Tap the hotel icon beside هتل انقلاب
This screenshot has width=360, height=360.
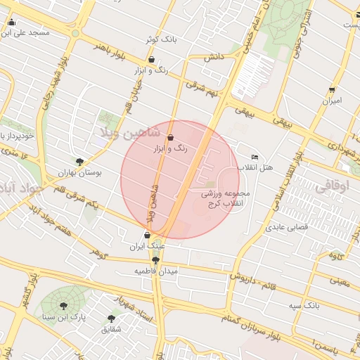pos(255,157)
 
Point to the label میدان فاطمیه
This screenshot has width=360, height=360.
pos(157,270)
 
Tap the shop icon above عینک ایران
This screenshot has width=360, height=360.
pos(146,235)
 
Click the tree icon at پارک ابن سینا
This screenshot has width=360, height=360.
pos(64,306)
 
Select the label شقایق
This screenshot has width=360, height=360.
pos(111,328)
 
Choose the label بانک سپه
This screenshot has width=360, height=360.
pos(304,307)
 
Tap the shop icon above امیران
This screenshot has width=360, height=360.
pos(331,90)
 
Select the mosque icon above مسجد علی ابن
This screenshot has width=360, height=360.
pos(11,22)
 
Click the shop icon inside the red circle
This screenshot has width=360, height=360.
pos(172,137)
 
